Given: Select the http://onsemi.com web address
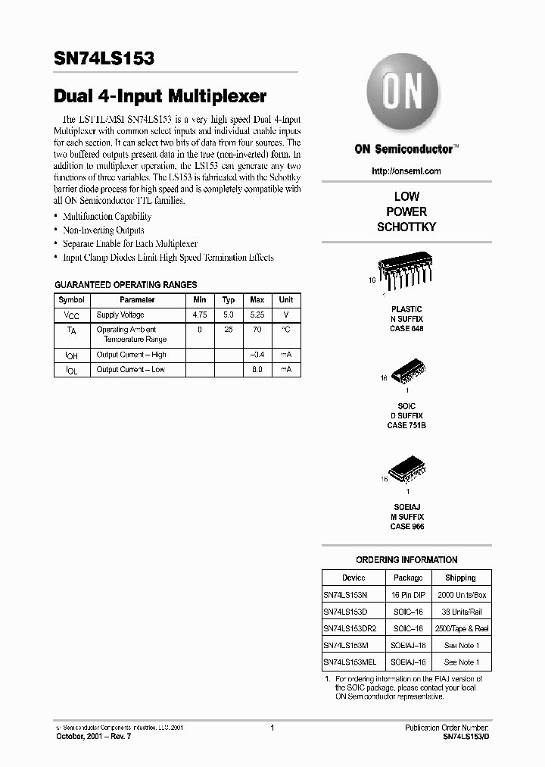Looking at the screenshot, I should (x=406, y=171).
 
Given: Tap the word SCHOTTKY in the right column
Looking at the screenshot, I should (x=406, y=227).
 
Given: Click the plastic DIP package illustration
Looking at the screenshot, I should (x=405, y=280).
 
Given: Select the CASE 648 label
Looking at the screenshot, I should (x=407, y=328).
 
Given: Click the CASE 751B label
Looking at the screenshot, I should (x=406, y=426).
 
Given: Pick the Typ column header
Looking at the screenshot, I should (x=229, y=300).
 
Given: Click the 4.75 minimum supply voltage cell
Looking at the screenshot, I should (x=201, y=315).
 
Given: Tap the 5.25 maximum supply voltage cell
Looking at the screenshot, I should (x=257, y=315).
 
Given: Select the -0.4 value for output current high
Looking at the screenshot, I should (x=257, y=355).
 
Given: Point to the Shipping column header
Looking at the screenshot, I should (x=460, y=578).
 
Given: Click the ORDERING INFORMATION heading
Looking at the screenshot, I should (x=406, y=560).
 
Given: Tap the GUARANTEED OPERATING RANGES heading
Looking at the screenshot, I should (x=126, y=285).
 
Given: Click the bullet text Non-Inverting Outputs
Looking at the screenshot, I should (x=103, y=230).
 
